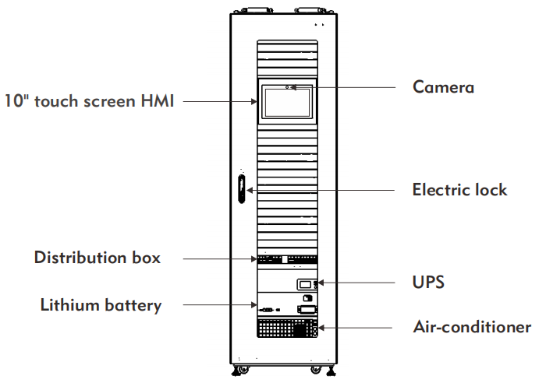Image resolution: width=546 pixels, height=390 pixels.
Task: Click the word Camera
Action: tap(443, 87)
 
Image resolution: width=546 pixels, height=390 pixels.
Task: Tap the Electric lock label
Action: tap(459, 190)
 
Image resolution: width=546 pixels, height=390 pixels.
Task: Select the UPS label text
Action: tap(428, 282)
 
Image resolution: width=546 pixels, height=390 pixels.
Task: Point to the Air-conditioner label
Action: tap(472, 327)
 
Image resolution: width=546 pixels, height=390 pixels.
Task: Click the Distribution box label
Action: tap(97, 258)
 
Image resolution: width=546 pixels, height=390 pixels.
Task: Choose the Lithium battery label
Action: tap(101, 305)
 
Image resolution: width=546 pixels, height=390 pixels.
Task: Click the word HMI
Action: tap(155, 100)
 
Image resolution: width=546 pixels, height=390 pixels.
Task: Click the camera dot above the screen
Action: tap(289, 87)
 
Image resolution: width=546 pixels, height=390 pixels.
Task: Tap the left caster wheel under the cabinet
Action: tap(237, 368)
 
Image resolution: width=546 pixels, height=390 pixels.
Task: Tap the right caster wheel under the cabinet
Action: tap(316, 368)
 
